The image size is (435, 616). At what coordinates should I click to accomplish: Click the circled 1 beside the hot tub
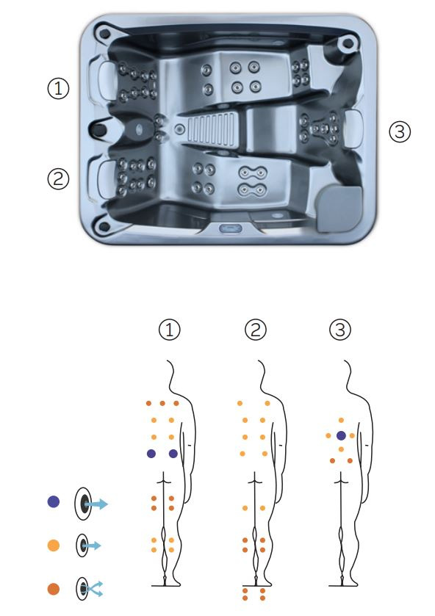pyautogui.click(x=58, y=88)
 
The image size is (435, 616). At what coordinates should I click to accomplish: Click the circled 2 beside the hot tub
pyautogui.click(x=58, y=178)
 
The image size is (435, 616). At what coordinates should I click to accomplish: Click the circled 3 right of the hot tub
pyautogui.click(x=400, y=131)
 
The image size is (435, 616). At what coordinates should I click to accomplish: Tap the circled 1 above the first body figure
pyautogui.click(x=170, y=330)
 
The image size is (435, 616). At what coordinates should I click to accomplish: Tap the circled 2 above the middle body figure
pyautogui.click(x=256, y=330)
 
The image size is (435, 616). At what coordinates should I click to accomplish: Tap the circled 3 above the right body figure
pyautogui.click(x=340, y=330)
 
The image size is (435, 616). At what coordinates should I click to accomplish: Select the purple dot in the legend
pyautogui.click(x=53, y=501)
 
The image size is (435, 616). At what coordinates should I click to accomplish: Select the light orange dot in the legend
pyautogui.click(x=53, y=546)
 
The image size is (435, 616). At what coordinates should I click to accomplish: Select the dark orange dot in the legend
pyautogui.click(x=53, y=589)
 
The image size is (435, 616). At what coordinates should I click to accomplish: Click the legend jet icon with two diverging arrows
pyautogui.click(x=89, y=589)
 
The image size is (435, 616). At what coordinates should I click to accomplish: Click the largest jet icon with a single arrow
pyautogui.click(x=91, y=504)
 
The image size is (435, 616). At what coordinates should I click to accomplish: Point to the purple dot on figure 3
pyautogui.click(x=341, y=435)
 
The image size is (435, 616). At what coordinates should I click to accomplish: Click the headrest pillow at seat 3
pyautogui.click(x=353, y=128)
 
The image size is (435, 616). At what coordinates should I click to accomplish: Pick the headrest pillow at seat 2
pyautogui.click(x=103, y=179)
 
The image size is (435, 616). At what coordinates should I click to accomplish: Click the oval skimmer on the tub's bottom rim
pyautogui.click(x=230, y=228)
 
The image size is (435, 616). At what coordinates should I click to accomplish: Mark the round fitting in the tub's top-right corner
pyautogui.click(x=348, y=43)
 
